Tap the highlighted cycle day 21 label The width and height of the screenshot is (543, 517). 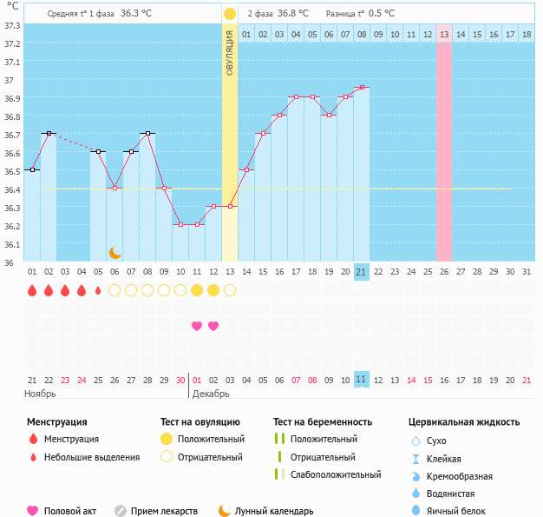[362, 272]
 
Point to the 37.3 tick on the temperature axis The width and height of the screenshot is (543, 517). [13, 26]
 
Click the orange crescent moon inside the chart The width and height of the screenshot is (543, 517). [114, 252]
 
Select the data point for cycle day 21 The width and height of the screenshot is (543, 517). [362, 88]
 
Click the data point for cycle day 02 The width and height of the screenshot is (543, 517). [49, 133]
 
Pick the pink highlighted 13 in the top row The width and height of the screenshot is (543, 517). [444, 34]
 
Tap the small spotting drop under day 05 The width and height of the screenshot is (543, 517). [98, 290]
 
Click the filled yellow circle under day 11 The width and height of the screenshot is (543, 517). [197, 290]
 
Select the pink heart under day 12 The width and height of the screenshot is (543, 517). [213, 326]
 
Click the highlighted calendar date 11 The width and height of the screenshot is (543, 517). [362, 380]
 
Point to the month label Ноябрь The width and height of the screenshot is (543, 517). [40, 394]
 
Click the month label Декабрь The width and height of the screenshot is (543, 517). [211, 394]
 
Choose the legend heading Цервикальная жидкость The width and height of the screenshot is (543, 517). [464, 421]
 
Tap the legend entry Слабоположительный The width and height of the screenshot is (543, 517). [336, 474]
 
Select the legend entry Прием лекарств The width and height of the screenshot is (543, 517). [164, 511]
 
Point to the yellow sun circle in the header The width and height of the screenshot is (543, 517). [229, 14]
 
